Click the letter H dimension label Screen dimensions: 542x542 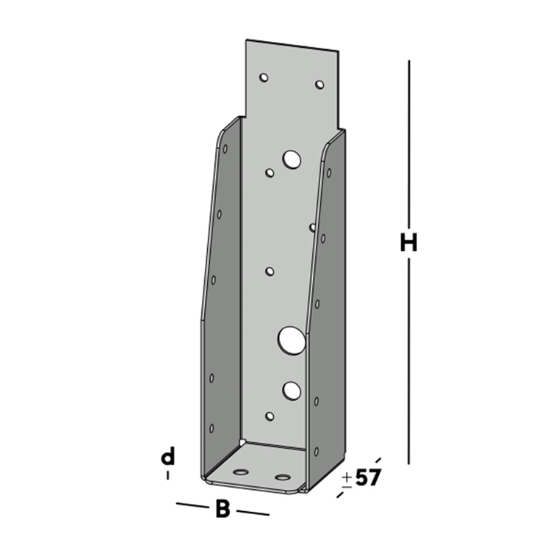(408, 242)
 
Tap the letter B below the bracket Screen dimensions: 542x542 (223, 509)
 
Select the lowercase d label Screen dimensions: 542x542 (168, 457)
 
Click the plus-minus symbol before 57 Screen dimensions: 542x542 (347, 479)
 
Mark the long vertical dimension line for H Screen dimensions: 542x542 (408, 147)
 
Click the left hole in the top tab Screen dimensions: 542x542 (264, 77)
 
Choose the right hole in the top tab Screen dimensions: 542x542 (319, 84)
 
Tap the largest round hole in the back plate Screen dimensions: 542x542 (291, 339)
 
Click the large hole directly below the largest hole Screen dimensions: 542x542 (292, 390)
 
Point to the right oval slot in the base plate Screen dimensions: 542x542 (283, 477)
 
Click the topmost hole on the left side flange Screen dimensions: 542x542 (225, 148)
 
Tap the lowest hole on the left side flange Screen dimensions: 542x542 (212, 427)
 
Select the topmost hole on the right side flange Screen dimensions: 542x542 (328, 173)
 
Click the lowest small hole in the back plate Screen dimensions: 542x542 (270, 416)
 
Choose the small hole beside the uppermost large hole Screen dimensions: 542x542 (270, 173)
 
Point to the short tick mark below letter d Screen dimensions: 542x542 (168, 475)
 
